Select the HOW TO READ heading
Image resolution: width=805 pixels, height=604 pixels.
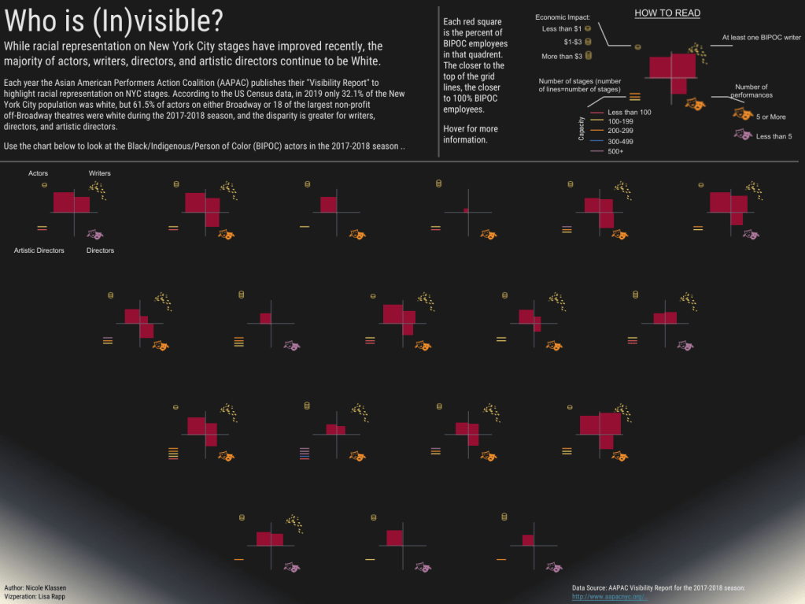coord(667,13)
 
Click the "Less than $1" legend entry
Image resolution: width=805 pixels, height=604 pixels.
coord(562,29)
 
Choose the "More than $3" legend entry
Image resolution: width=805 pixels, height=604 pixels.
coord(562,57)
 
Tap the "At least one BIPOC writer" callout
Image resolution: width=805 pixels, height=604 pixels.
coord(762,37)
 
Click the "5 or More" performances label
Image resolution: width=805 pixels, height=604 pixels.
coord(770,117)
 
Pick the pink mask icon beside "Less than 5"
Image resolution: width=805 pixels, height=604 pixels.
coord(741,135)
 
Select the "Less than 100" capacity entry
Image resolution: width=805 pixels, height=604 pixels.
coord(629,113)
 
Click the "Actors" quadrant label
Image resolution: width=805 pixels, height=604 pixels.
coord(38,173)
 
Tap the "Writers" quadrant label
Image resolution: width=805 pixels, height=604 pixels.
coord(100,173)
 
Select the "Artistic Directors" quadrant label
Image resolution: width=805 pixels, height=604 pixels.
coord(39,250)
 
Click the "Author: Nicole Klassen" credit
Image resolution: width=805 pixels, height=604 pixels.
coord(35,588)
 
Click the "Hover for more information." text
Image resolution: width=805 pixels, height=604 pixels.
coord(471,134)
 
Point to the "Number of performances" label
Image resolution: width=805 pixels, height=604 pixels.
coord(751,91)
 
